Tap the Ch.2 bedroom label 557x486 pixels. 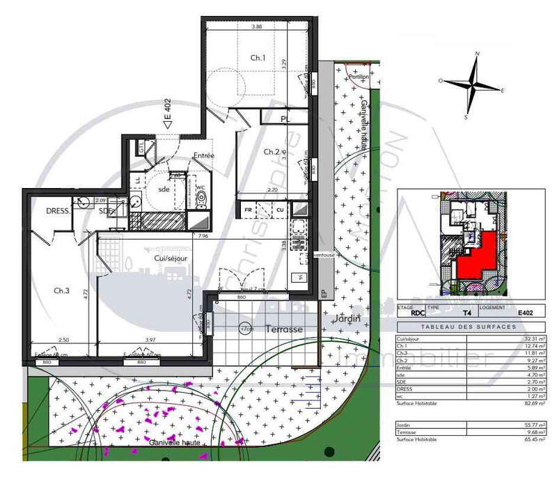click(x=272, y=152)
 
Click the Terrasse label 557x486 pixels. click(x=283, y=329)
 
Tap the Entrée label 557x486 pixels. click(x=203, y=155)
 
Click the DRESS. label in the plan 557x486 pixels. click(x=59, y=211)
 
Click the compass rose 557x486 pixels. click(x=473, y=85)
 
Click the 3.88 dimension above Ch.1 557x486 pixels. click(x=257, y=27)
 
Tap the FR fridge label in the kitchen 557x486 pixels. click(x=248, y=209)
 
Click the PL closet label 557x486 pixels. click(x=285, y=119)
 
